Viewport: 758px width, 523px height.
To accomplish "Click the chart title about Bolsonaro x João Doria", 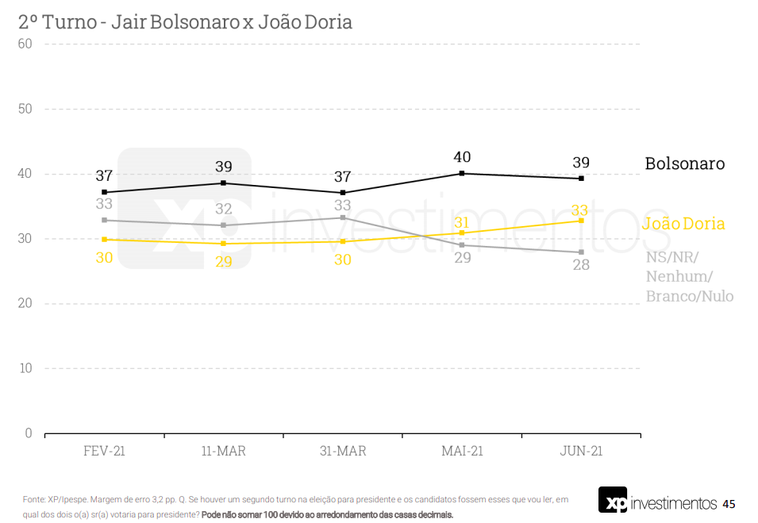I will pos(185,22).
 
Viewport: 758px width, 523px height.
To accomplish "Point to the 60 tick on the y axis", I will pos(25,44).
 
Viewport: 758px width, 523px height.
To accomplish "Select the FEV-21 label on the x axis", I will pos(104,451).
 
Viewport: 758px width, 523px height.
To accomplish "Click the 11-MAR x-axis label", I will pos(223,451).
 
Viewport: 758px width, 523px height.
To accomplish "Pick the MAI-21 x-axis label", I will pos(462,451).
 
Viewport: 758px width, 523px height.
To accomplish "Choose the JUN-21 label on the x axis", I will pos(581,451).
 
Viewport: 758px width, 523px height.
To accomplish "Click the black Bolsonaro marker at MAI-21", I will pos(462,173).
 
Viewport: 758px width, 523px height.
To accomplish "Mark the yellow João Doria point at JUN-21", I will pos(581,221).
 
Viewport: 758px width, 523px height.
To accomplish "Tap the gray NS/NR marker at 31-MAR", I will pos(343,217).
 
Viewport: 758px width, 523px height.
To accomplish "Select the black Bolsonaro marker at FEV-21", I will pos(104,192).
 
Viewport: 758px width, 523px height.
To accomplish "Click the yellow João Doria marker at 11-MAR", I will pos(223,243).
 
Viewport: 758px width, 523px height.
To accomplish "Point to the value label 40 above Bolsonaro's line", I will pos(462,157).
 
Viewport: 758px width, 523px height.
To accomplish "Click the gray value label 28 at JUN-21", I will pos(581,265).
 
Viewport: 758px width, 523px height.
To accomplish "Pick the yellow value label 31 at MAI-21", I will pos(462,223).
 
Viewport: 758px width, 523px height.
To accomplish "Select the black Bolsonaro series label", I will pos(684,163).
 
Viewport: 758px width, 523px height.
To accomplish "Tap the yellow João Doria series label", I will pos(683,224).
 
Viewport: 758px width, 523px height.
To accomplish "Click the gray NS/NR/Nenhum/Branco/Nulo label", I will pos(689,276).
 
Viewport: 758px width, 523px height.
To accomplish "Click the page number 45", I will pos(729,504).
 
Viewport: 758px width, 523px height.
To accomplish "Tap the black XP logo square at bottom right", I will pos(612,500).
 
